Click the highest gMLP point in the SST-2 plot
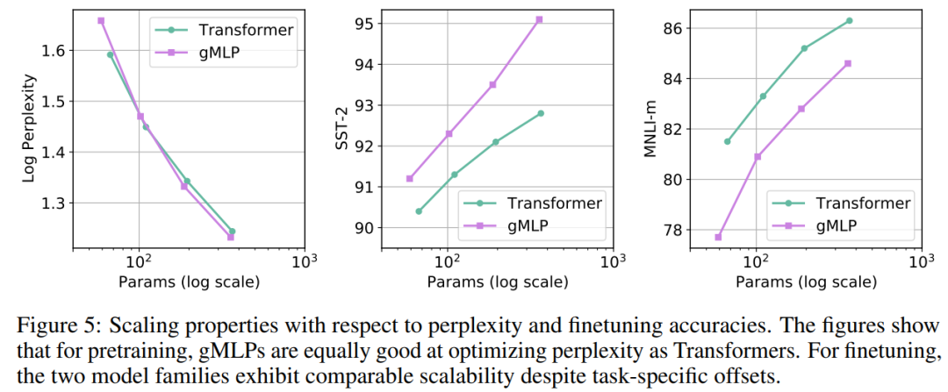coord(539,19)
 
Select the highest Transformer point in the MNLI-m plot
coord(849,20)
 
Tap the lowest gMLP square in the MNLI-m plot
coord(718,237)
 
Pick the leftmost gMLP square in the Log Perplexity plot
coord(101,20)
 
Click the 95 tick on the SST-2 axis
coord(363,24)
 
